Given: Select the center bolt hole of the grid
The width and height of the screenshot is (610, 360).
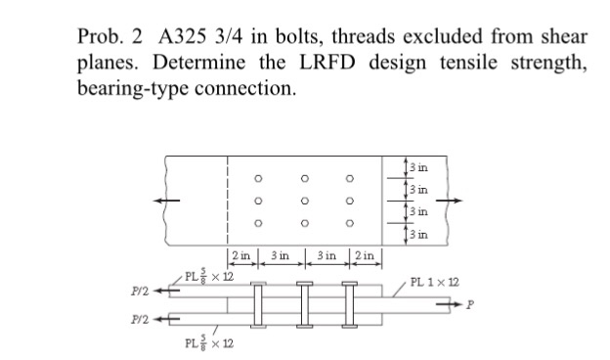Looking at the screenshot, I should click(x=304, y=201).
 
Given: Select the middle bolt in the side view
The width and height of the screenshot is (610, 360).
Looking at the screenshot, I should click(x=304, y=303).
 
